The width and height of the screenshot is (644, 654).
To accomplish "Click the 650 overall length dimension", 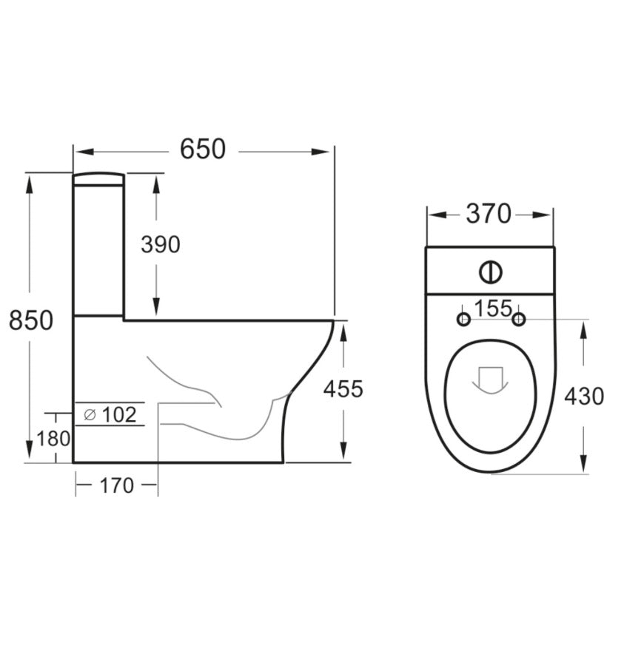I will tap(203, 149).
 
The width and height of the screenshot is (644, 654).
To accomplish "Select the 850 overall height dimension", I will tap(30, 320).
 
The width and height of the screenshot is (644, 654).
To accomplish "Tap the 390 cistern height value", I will tap(160, 244).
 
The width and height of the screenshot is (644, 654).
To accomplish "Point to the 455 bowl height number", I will tap(343, 389).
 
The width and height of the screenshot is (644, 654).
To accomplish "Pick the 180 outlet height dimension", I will tap(53, 439).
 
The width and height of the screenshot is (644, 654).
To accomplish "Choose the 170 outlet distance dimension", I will tap(116, 486).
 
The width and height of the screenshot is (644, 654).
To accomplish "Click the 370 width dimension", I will tap(489, 215).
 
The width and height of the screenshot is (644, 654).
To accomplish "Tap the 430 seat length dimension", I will tap(584, 397).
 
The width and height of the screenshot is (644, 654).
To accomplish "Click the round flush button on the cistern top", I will tap(490, 272).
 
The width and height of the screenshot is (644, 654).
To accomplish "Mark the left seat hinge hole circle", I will tap(463, 319).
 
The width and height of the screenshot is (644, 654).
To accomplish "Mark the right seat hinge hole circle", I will tap(519, 319).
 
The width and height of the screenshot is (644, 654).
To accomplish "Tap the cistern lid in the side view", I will tap(98, 178).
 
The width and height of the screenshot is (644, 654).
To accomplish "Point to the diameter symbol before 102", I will tap(90, 416).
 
